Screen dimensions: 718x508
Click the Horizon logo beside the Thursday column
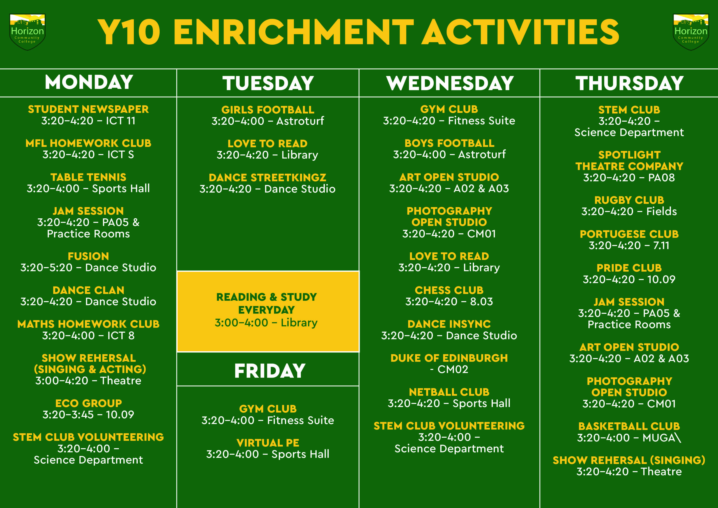(x=691, y=32)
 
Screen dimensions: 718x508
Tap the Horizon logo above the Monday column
(x=27, y=32)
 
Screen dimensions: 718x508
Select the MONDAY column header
(x=89, y=82)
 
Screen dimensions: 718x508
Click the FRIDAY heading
(x=270, y=371)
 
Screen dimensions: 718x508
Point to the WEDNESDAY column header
(x=450, y=83)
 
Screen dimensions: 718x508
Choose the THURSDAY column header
(x=629, y=83)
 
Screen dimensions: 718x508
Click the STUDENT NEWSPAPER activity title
(x=89, y=109)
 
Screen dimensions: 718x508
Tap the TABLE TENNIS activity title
(x=89, y=177)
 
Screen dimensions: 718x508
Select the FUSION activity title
(x=89, y=256)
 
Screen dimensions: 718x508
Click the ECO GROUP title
(x=89, y=403)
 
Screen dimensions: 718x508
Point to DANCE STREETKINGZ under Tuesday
(x=268, y=178)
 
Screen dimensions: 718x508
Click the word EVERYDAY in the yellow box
(x=266, y=310)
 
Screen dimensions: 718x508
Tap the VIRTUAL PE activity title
(x=268, y=443)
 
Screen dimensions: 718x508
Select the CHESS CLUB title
(x=449, y=290)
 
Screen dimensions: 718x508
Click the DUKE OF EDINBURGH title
(x=449, y=358)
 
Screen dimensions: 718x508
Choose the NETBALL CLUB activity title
(x=449, y=392)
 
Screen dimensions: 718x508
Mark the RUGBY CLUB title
(x=629, y=200)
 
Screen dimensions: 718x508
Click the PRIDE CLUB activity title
(x=629, y=268)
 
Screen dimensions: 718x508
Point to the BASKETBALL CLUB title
(x=629, y=426)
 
